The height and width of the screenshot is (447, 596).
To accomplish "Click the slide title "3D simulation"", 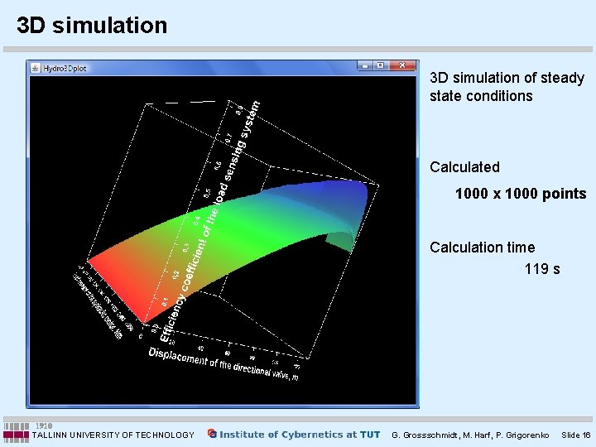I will pos(92,26).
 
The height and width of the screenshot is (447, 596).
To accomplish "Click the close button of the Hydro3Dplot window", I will pos(403,66).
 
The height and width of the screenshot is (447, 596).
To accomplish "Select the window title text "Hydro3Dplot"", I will pos(65,68).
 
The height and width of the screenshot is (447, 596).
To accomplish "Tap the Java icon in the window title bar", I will pos(36,68).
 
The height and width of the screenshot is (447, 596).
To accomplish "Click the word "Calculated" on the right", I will pos(464,167).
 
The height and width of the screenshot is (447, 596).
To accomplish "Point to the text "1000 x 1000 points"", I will pos(520,195).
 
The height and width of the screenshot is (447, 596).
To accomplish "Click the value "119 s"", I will pos(541,269).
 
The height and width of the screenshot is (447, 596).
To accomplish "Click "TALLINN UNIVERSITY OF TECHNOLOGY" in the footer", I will pos(113,435).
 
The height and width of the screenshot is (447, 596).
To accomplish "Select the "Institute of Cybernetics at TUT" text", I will pos(300,435).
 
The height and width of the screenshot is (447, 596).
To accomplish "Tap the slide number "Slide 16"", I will pos(575,435).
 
